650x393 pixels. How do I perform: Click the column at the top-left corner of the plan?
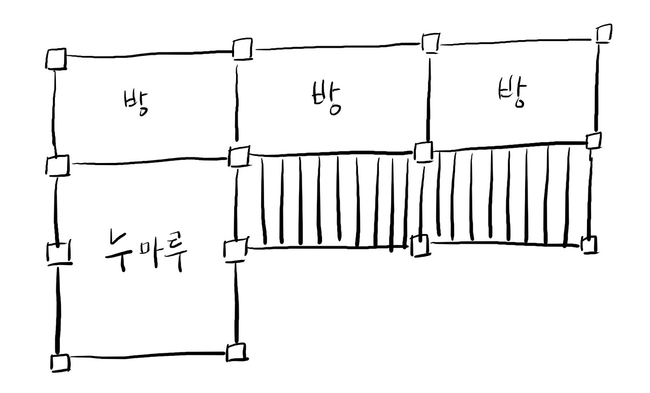(x=56, y=59)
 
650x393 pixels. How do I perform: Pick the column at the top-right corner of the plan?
(x=603, y=34)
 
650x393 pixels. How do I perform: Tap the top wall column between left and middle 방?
(x=242, y=49)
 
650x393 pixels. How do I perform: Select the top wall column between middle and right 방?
(x=431, y=42)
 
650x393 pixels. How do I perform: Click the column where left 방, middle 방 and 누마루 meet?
(x=238, y=156)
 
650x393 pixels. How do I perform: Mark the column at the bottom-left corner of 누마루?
(x=60, y=363)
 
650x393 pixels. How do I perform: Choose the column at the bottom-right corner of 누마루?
(x=235, y=352)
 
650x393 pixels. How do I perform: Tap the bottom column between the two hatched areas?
(x=419, y=246)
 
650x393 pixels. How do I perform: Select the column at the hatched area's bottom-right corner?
(x=589, y=245)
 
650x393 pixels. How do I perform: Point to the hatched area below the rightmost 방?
(x=508, y=195)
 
